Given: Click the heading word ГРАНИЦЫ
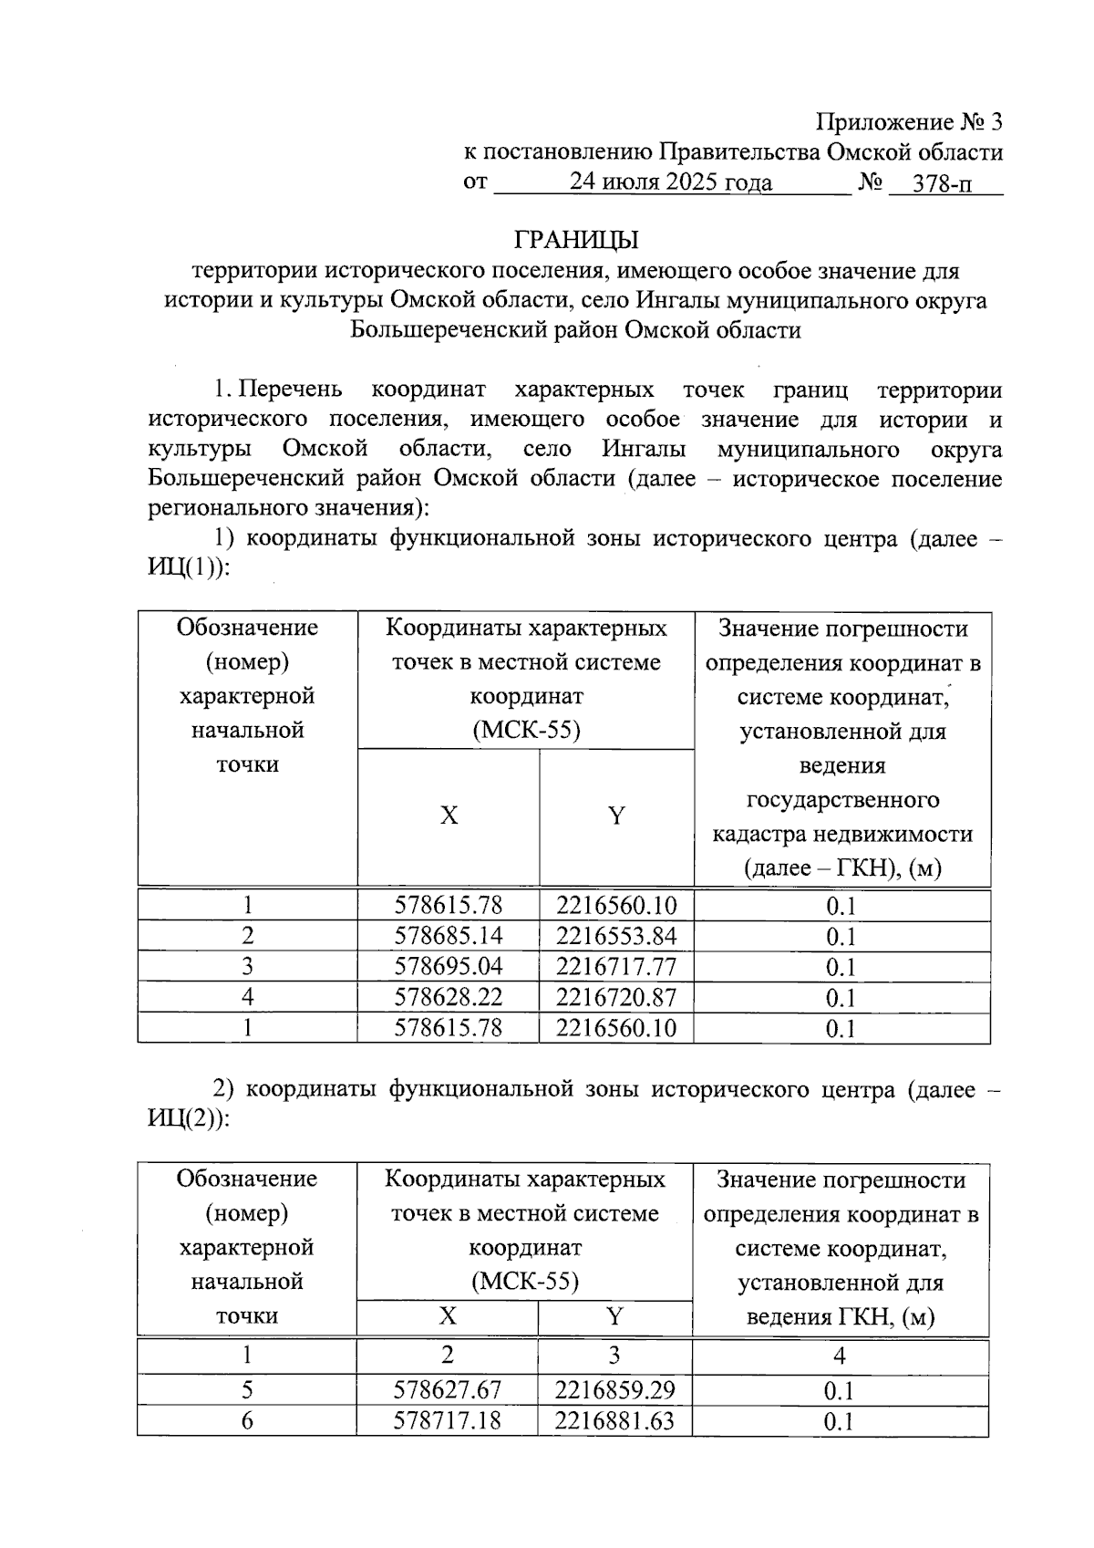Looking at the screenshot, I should [576, 240].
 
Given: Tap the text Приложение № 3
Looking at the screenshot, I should [908, 122].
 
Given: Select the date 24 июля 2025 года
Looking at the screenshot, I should [671, 182].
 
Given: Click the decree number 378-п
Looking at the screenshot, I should [942, 183].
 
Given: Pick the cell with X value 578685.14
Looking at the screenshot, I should [448, 936].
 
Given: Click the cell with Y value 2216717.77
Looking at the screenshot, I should [616, 967].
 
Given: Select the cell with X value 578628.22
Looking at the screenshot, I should [448, 997].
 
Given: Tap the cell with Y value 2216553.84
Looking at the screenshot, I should [616, 936].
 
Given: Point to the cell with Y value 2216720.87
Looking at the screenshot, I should [616, 997].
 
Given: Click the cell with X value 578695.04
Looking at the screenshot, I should [448, 967].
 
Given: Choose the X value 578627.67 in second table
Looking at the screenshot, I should [447, 1390].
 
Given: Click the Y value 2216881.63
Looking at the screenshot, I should [614, 1421].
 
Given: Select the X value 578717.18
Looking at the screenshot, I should [447, 1421].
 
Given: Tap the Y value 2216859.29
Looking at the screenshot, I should [614, 1390].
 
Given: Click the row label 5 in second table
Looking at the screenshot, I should [247, 1390].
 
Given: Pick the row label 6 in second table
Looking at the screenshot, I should [247, 1421].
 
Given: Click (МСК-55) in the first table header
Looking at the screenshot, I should [526, 731].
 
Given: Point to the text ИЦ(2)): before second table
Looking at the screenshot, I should [189, 1118].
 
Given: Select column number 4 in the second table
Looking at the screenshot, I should [840, 1356].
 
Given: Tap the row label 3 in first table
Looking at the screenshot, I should [247, 967].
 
